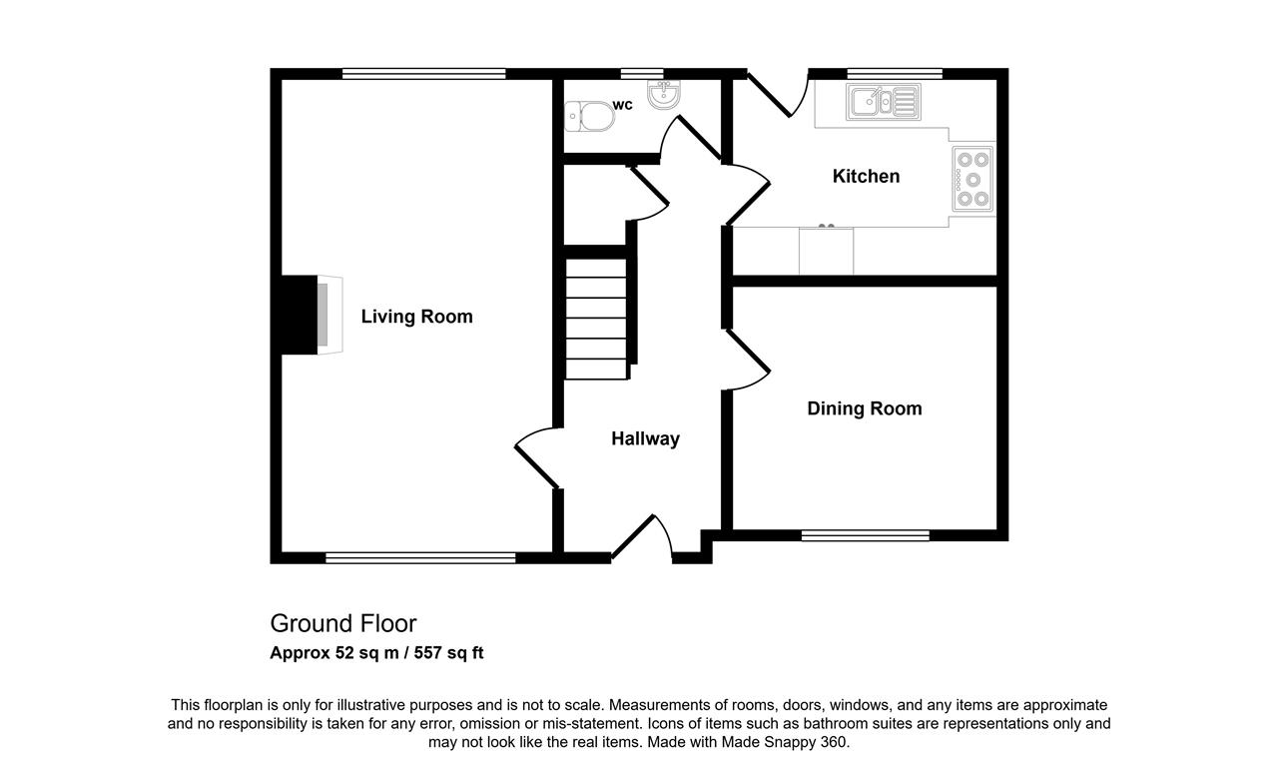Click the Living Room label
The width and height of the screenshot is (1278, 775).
pos(416,317)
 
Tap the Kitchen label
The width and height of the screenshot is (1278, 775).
pos(866,177)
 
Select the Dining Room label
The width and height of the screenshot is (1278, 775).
pos(865,408)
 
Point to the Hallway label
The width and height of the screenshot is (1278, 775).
pos(645,438)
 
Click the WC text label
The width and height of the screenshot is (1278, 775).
pos(622,105)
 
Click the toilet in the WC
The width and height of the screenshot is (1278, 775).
pos(589,117)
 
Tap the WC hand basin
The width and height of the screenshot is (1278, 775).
pos(664,94)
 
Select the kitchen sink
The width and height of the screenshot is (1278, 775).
pos(884,102)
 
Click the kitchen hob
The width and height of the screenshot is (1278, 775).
pos(972,180)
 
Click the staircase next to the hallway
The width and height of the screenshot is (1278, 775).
pos(596,319)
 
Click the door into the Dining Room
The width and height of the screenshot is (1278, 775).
pos(749,360)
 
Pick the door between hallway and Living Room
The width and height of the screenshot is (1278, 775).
pos(536,457)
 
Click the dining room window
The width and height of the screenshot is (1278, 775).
pos(866,535)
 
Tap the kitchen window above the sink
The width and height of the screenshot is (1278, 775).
pos(895,74)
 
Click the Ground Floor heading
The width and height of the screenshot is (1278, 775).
pos(343,624)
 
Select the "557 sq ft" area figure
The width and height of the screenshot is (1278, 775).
pos(449,653)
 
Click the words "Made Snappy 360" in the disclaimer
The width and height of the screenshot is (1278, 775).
pos(785,742)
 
